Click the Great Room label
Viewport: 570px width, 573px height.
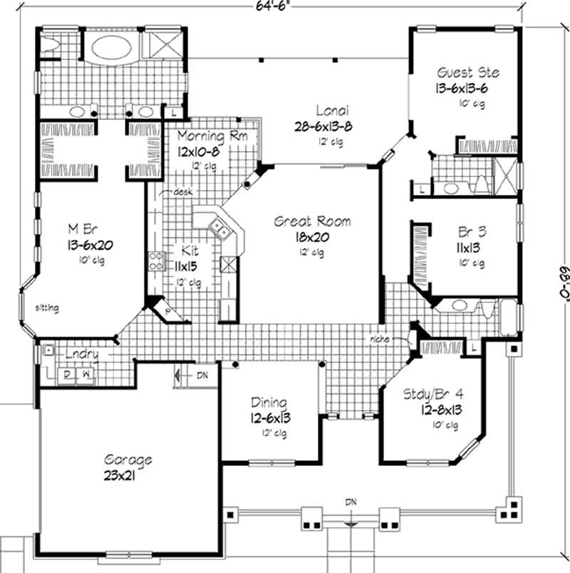312,222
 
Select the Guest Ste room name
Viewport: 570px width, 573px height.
468,72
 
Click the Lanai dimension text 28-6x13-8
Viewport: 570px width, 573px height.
323,126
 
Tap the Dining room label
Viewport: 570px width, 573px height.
268,402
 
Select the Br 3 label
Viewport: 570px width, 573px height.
470,232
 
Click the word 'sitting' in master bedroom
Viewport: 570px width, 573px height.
48,308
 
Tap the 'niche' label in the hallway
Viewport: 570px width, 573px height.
378,339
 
